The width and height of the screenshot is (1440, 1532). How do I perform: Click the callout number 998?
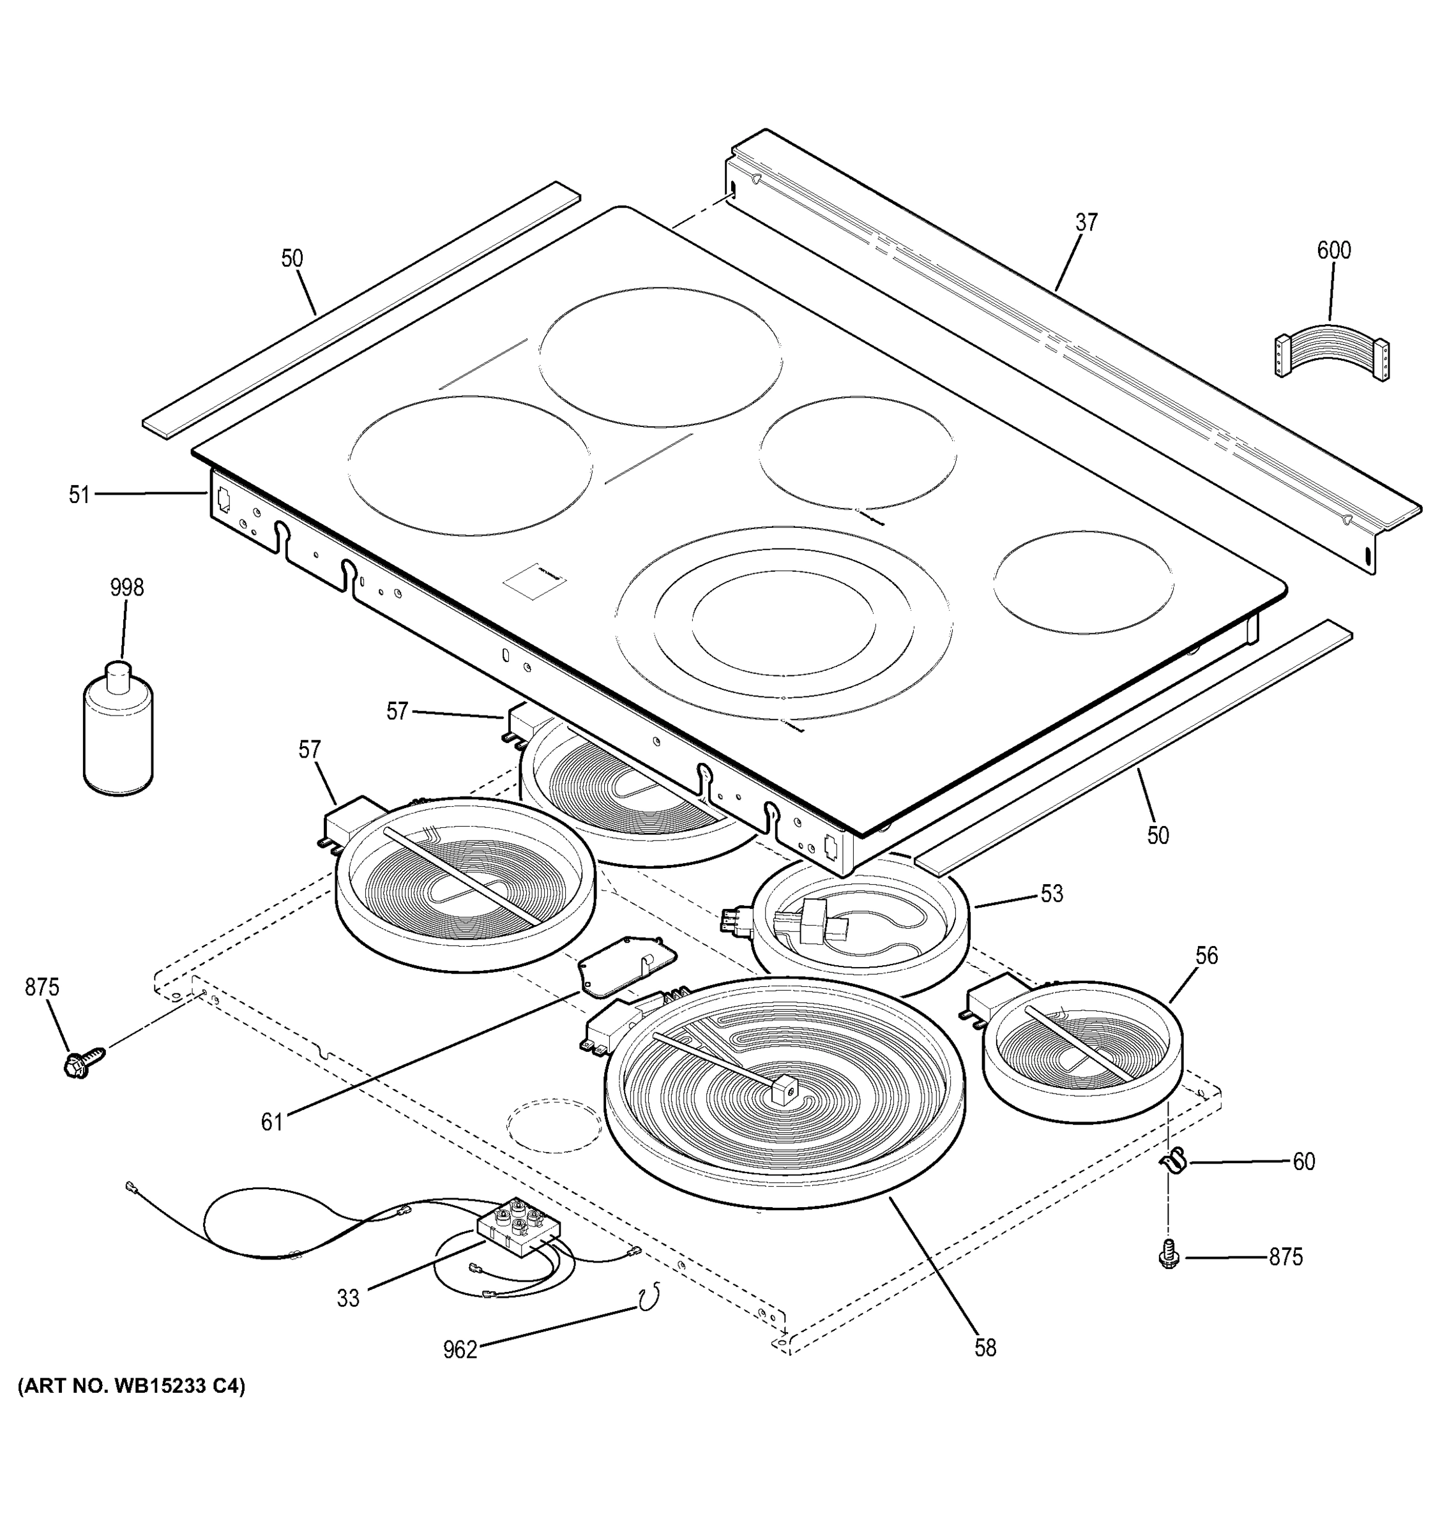pos(126,588)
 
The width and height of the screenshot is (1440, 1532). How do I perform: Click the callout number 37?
pos(1086,223)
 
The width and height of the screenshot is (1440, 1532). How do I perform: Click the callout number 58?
pos(985,1348)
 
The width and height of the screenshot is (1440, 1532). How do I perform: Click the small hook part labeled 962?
pos(648,1295)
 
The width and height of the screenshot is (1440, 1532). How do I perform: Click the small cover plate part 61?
pos(626,964)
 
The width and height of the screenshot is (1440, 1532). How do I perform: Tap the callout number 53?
pos(1052,894)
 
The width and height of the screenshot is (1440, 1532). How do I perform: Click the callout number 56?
pos(1206,956)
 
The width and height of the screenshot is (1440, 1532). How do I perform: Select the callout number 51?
pos(79,495)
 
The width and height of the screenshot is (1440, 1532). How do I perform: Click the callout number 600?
pos(1333,250)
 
